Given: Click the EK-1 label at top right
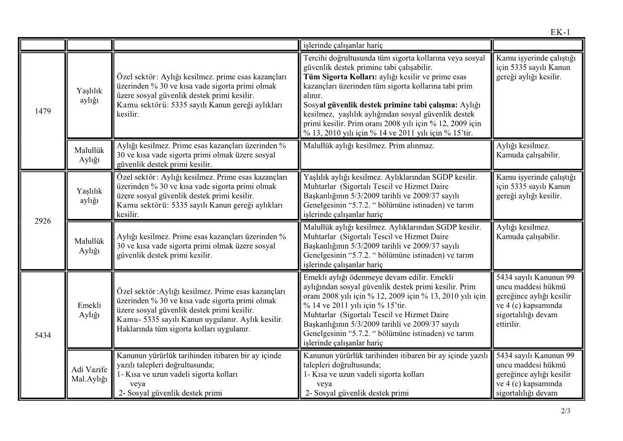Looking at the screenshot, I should (560, 32).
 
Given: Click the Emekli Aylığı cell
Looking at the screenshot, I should (89, 310).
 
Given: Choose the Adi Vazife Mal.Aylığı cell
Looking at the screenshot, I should (89, 374).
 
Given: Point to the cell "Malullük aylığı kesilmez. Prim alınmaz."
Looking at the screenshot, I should (368, 146).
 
